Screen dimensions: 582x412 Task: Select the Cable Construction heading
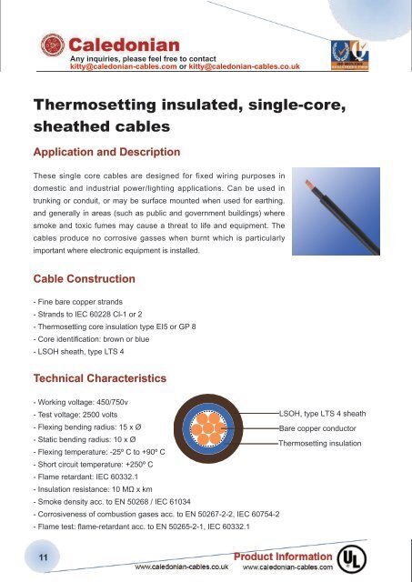[85, 277]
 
